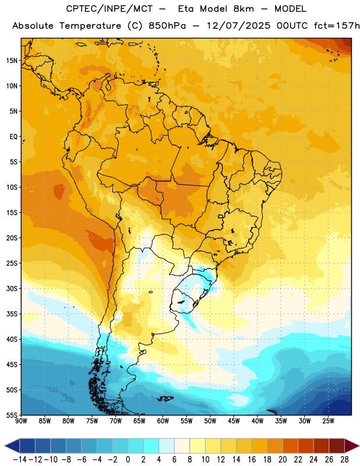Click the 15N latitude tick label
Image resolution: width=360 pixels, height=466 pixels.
[x=12, y=61]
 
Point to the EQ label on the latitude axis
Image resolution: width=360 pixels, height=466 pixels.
[x=13, y=137]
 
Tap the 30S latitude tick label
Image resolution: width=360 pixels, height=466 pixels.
[x=12, y=288]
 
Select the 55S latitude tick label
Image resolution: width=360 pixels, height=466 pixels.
[x=12, y=415]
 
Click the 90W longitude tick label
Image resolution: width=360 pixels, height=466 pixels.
[x=21, y=421]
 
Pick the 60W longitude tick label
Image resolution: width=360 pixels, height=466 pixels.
[x=163, y=421]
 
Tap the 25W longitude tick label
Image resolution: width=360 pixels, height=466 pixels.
[x=328, y=421]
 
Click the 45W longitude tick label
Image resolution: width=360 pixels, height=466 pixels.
[x=234, y=421]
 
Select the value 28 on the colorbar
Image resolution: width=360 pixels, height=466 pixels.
[x=344, y=460]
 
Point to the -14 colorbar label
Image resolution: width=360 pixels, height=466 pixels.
[x=20, y=460]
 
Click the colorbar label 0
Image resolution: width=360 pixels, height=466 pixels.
[x=128, y=460]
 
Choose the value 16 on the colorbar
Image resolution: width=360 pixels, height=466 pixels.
[x=252, y=460]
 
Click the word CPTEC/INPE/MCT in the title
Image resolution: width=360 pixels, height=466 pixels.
[x=109, y=9]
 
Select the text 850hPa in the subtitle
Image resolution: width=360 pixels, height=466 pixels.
[x=167, y=26]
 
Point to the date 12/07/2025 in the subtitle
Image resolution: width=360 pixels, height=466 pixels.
[x=239, y=26]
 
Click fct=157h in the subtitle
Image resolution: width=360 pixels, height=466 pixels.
[x=337, y=26]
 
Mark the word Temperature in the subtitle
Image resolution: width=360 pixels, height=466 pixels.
[x=90, y=26]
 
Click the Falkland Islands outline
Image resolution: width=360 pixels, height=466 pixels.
[x=165, y=398]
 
